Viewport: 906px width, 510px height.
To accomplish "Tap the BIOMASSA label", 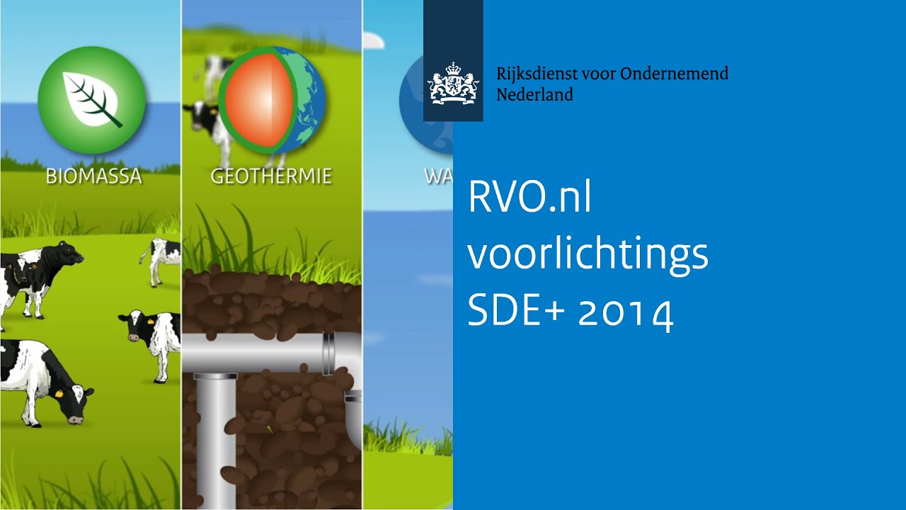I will coord(94,176).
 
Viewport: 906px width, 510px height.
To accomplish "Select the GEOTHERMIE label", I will coord(271,176).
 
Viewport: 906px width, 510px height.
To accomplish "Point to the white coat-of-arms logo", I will coord(453,84).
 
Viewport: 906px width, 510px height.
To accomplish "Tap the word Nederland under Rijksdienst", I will coord(534,94).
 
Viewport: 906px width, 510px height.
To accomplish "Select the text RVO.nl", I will coord(529,199).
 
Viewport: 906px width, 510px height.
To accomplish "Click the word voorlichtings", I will coord(587,256).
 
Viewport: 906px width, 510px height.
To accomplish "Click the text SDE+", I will coord(516,311).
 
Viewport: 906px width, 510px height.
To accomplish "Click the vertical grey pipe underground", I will coord(214,439).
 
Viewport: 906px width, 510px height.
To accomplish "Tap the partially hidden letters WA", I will coord(438,176).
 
